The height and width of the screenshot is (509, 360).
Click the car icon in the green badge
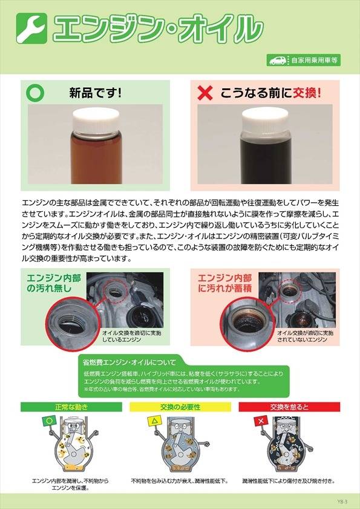(277, 61)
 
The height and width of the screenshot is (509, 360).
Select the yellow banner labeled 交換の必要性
(180, 407)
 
